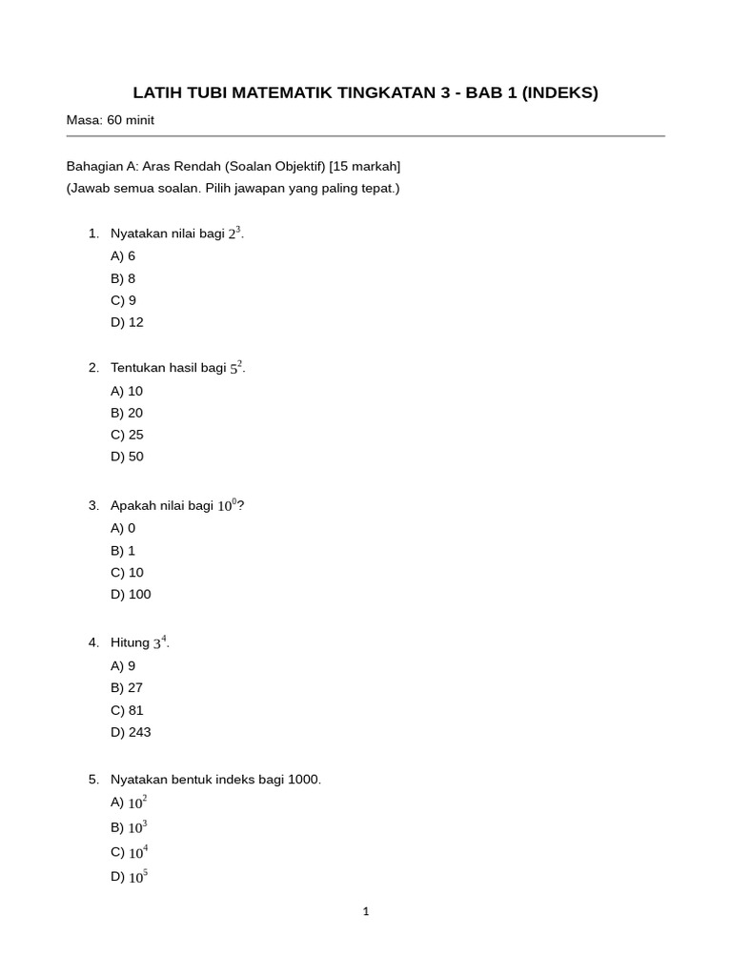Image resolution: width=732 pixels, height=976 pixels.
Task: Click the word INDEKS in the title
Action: coord(559,92)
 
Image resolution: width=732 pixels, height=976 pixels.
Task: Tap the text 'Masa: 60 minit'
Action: coord(111,120)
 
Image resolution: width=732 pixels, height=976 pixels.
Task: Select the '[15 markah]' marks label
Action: coord(365,166)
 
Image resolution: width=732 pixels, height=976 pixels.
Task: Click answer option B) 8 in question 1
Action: coord(123,278)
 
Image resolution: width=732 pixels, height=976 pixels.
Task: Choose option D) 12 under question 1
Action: coord(127,322)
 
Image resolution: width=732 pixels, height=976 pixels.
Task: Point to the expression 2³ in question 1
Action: coord(234,234)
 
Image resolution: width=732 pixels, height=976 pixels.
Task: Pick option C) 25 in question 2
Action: coord(127,435)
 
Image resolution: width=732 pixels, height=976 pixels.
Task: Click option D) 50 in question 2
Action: coord(127,457)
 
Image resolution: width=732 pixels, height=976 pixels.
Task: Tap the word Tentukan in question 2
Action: coord(139,368)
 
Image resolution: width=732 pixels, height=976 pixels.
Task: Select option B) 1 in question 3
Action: coord(123,550)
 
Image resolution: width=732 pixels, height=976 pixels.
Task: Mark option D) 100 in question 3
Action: coord(131,595)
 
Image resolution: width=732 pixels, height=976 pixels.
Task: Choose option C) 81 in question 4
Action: coord(127,710)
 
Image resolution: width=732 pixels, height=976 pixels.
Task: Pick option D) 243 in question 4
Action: coord(131,732)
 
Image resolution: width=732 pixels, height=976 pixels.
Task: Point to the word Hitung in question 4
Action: coord(130,643)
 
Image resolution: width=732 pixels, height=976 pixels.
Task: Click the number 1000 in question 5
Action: coord(303,780)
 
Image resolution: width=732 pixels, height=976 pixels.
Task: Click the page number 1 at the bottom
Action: coord(366,912)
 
